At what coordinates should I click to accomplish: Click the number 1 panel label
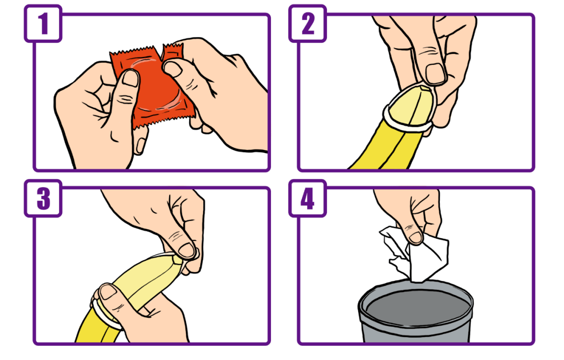(43, 24)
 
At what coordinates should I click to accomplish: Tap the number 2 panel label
(308, 24)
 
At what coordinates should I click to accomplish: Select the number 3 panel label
(43, 199)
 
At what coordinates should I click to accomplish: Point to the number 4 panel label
(308, 199)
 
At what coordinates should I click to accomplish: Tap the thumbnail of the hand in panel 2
(435, 74)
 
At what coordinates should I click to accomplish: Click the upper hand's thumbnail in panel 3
(187, 250)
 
